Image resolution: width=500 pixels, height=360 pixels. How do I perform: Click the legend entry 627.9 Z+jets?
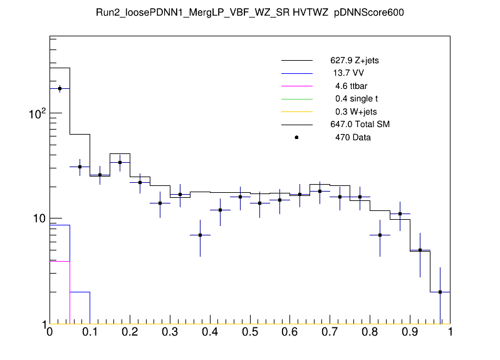(x=354, y=61)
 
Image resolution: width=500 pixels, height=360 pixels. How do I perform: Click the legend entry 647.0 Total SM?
(x=360, y=125)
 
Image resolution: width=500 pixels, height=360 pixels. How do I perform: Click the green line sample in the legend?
(x=296, y=99)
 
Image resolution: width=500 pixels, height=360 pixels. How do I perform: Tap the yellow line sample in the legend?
(x=296, y=111)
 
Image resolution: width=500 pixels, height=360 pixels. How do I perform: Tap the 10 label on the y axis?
(x=37, y=219)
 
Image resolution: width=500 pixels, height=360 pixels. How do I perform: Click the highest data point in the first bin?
(x=60, y=88)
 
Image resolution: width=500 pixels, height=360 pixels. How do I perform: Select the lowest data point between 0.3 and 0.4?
(x=200, y=235)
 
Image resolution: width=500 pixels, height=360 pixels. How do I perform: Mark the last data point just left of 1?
(x=440, y=292)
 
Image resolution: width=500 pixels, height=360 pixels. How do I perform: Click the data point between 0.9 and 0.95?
(x=420, y=250)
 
